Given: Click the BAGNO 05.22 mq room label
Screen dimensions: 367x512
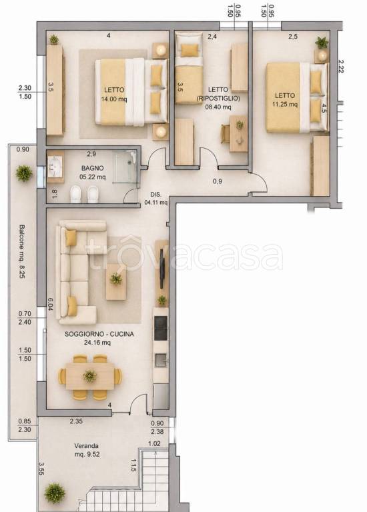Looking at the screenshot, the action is point(93,173).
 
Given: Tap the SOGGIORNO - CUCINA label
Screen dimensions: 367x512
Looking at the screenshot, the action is point(99,334).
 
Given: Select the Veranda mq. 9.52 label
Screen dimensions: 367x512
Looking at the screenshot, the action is point(87,450).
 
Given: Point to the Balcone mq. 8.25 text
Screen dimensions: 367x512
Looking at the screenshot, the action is point(22,251).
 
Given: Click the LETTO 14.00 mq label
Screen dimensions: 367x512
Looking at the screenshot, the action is point(114,95).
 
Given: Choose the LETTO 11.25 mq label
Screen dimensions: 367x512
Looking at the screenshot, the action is point(285,100).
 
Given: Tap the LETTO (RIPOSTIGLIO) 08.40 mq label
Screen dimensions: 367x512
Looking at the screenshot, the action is point(218,98).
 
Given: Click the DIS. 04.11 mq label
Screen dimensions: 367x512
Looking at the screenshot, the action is point(156,199).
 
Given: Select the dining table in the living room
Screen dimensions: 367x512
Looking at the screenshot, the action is point(90,377).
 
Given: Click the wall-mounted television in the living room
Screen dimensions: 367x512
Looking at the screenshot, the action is point(162,269).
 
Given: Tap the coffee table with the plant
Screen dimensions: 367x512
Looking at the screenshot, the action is point(115,282).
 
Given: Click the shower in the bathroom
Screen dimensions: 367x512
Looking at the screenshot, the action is point(124,167).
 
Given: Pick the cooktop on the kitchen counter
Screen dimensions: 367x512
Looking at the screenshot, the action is point(161,328).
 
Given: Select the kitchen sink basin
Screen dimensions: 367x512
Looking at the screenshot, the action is point(161,360).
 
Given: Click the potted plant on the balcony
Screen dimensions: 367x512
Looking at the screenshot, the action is point(24,173).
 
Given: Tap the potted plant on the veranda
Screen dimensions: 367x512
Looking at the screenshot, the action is point(55,493).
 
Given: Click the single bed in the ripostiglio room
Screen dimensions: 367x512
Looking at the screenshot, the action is point(189,68).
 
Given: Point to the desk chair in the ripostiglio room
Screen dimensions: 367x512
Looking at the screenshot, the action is point(225,134).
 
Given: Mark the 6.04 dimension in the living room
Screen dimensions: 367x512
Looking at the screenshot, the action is point(50,304).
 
